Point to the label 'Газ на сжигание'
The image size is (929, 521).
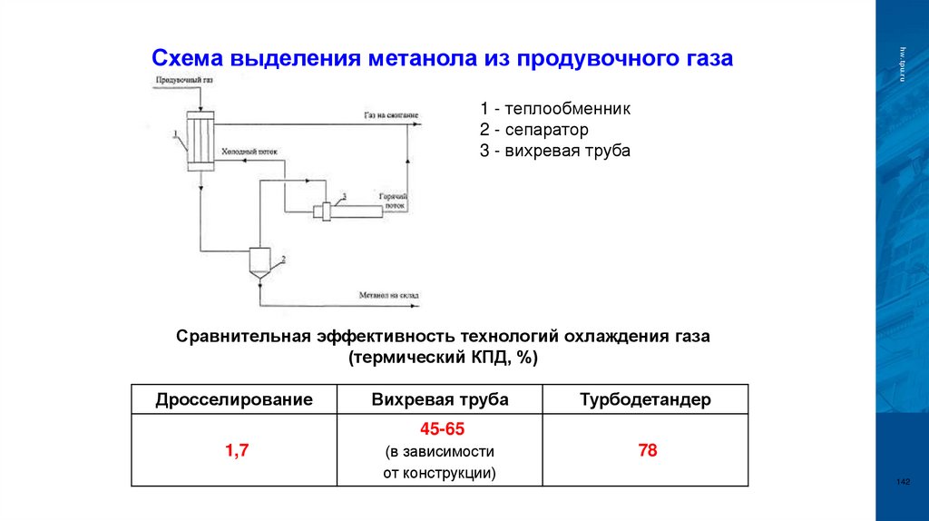click(x=391, y=116)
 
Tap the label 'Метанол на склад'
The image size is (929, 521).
click(x=388, y=296)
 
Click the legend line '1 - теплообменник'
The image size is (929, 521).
click(x=555, y=108)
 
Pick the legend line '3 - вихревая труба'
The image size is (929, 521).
click(x=554, y=151)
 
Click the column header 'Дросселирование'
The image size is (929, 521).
click(x=234, y=399)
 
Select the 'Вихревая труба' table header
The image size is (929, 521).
click(x=440, y=399)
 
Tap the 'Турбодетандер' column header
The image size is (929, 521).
click(x=646, y=399)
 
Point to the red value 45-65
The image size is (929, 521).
click(x=440, y=428)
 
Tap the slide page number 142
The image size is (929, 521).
click(x=902, y=481)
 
